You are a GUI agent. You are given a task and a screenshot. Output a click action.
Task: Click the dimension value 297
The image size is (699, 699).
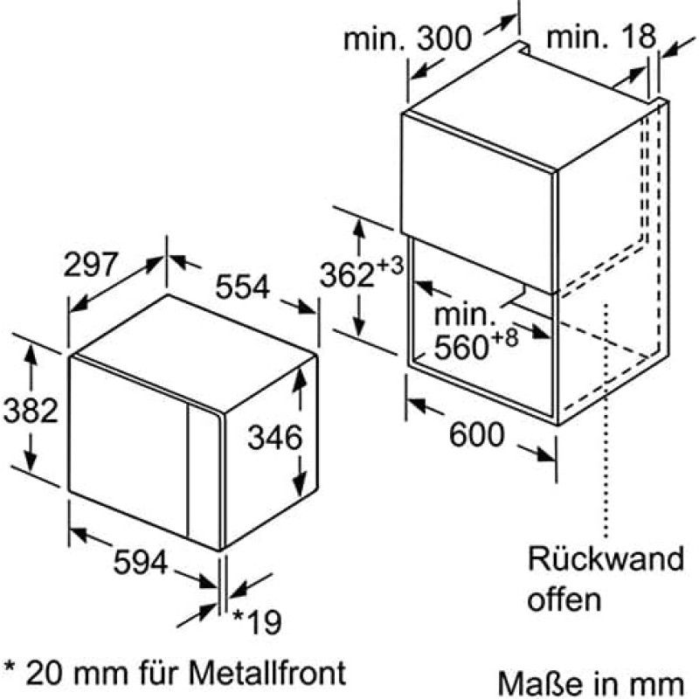coord(91,265)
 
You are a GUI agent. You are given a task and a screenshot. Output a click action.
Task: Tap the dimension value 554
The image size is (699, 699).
coord(243,287)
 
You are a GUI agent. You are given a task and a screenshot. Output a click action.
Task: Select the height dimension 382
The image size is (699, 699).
coord(31,410)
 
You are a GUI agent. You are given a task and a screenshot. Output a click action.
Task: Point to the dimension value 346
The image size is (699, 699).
coord(274,437)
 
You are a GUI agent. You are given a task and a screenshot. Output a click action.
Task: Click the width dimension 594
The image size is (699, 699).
coord(141,562)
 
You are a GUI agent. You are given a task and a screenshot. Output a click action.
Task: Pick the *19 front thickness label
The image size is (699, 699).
coord(257,622)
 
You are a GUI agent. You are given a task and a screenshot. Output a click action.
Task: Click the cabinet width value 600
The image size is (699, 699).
coord(476,434)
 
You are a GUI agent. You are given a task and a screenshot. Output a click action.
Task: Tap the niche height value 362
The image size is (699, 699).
coord(347,274)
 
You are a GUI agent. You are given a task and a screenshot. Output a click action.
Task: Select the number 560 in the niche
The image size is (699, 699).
coord(461,347)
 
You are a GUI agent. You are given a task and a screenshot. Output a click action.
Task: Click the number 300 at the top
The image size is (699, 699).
coord(444,38)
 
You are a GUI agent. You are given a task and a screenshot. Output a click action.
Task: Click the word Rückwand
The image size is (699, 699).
coord(606,558)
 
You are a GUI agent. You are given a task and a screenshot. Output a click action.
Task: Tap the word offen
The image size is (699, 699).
coord(564,599)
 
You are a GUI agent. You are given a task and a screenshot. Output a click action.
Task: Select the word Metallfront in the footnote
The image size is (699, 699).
coord(267,672)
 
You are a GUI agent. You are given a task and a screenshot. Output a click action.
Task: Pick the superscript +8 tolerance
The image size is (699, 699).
coord(506,337)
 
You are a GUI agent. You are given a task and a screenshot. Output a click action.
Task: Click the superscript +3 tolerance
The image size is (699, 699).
coord(390,266)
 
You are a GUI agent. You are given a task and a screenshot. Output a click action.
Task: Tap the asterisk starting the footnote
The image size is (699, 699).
coord(10,668)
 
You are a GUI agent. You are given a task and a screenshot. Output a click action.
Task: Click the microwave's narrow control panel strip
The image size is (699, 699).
coord(204,474)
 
